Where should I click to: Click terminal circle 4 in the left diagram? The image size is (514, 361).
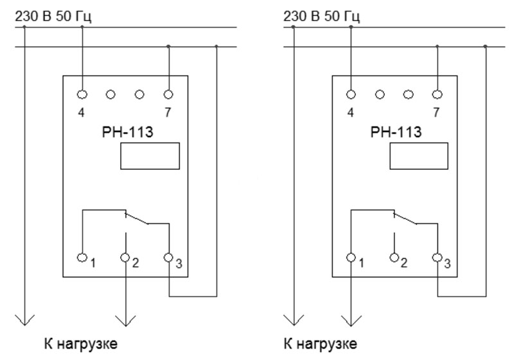pyautogui.click(x=82, y=95)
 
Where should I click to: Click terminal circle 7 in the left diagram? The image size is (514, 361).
pyautogui.click(x=168, y=95)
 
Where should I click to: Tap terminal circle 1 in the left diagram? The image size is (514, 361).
pyautogui.click(x=82, y=257)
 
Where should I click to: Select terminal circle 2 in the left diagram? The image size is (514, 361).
pyautogui.click(x=125, y=257)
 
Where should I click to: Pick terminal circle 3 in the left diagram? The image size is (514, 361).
pyautogui.click(x=168, y=257)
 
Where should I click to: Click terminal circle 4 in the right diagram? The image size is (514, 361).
pyautogui.click(x=351, y=95)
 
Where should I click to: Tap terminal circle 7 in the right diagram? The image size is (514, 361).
pyautogui.click(x=437, y=95)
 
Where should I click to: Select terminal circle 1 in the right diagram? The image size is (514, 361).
pyautogui.click(x=351, y=257)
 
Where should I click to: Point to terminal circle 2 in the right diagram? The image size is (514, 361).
pyautogui.click(x=394, y=257)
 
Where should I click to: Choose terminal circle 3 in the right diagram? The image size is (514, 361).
pyautogui.click(x=437, y=257)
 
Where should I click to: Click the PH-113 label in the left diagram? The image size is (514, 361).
pyautogui.click(x=127, y=132)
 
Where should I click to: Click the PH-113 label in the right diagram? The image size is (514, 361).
pyautogui.click(x=396, y=132)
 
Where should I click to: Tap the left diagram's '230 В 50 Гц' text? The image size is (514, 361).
pyautogui.click(x=53, y=17)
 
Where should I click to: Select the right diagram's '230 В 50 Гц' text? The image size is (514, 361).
pyautogui.click(x=321, y=17)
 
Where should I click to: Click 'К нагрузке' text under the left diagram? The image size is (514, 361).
pyautogui.click(x=81, y=344)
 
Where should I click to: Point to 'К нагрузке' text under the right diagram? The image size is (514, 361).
pyautogui.click(x=320, y=344)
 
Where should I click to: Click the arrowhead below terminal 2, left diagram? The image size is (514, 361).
pyautogui.click(x=125, y=321)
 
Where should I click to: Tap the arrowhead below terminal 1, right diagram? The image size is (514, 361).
pyautogui.click(x=351, y=321)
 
